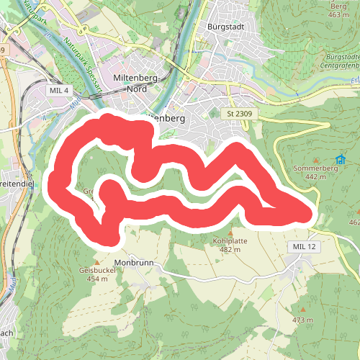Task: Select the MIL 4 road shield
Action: pyautogui.click(x=60, y=90)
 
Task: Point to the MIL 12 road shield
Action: pyautogui.click(x=304, y=247)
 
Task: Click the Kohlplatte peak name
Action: pyautogui.click(x=230, y=240)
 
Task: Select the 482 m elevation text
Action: pyautogui.click(x=230, y=250)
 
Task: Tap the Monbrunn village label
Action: pyautogui.click(x=134, y=264)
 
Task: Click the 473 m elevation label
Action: pyautogui.click(x=303, y=320)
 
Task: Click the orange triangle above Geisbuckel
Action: pyautogui.click(x=97, y=261)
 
